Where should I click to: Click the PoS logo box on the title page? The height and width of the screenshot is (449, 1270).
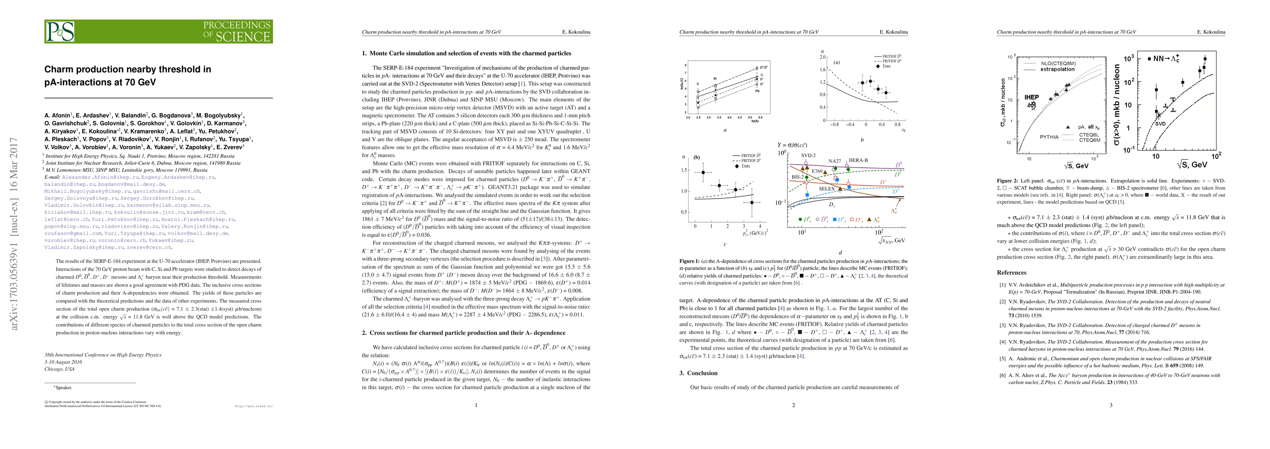[60, 31]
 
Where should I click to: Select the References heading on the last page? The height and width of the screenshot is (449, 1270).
[1011, 272]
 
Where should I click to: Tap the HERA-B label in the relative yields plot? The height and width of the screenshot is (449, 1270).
[858, 161]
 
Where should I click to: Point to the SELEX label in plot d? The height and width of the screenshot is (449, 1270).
[827, 189]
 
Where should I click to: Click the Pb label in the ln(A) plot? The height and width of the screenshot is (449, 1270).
[756, 91]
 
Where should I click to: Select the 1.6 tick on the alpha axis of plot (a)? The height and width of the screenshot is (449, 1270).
[821, 70]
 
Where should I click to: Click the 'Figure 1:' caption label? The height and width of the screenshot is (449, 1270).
[689, 262]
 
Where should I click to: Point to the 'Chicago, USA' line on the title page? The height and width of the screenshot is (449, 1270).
[59, 369]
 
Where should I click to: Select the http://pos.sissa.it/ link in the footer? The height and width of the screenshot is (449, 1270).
[254, 407]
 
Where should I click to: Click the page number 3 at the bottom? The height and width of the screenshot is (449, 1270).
[1111, 405]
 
